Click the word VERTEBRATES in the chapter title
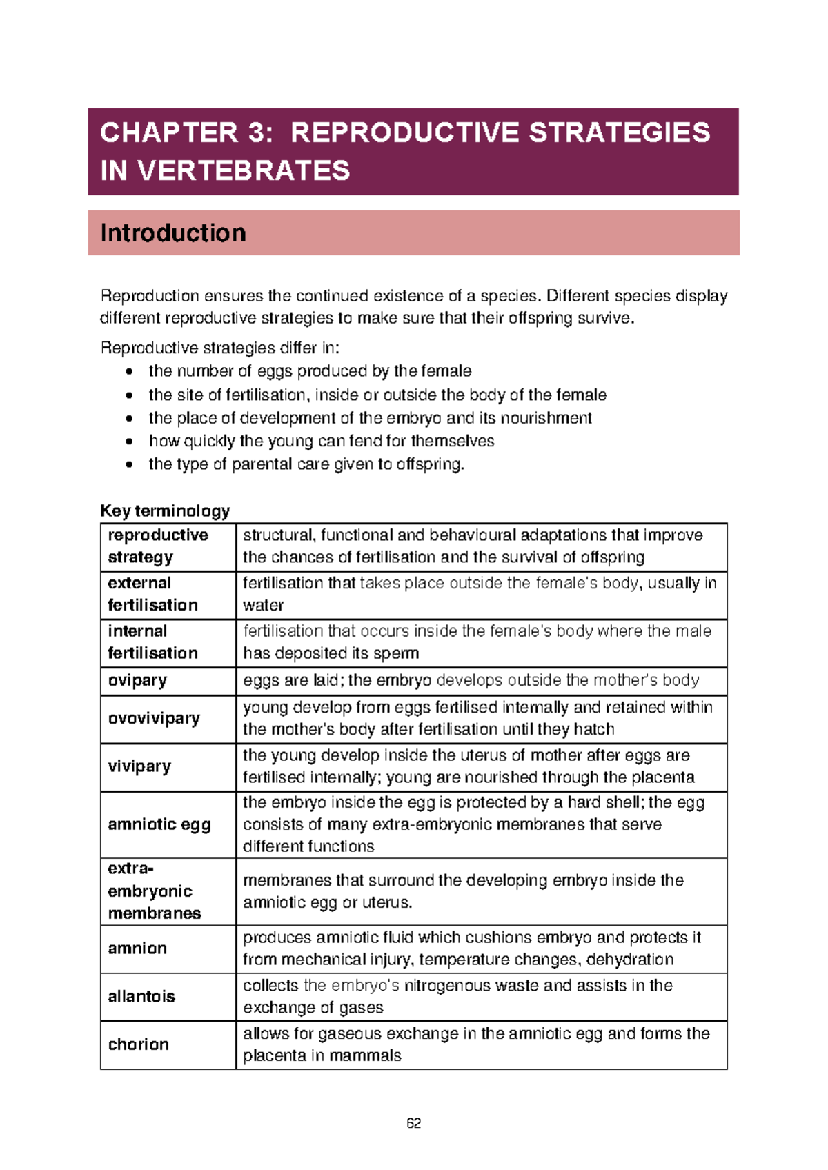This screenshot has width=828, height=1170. [x=244, y=170]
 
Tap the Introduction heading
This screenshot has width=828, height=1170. [x=173, y=233]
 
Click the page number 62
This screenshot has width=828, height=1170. [x=413, y=1123]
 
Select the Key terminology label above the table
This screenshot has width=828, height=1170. [x=165, y=511]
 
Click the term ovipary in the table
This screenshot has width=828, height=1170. [x=137, y=680]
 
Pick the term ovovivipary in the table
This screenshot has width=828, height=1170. [x=154, y=718]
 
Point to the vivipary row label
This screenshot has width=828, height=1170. [x=139, y=766]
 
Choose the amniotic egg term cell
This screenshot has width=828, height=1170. [x=159, y=824]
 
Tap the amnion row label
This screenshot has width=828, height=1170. [x=137, y=949]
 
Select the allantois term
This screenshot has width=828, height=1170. [x=141, y=996]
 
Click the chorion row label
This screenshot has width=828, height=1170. [x=139, y=1044]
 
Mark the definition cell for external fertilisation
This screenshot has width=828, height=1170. [x=480, y=594]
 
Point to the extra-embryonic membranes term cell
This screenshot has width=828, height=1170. [x=155, y=891]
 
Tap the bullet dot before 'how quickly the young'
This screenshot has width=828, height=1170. [x=129, y=442]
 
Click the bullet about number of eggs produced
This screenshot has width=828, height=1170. [x=310, y=371]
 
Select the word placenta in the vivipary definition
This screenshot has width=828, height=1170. [x=662, y=777]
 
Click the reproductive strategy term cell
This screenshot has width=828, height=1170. [x=158, y=546]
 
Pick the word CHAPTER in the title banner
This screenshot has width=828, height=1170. [x=169, y=132]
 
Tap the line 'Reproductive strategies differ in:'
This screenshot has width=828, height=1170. [x=220, y=348]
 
